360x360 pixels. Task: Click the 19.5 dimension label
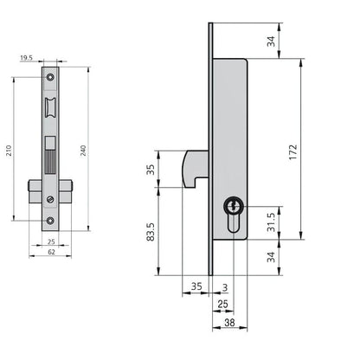pos(26,58)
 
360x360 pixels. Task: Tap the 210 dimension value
pos(10,151)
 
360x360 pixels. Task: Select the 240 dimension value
pos(83,151)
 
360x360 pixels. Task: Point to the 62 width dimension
pos(51,252)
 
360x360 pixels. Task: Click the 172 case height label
pos(292,152)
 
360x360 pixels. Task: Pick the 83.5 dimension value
pos(151,232)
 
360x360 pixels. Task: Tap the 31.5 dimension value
pos(271,222)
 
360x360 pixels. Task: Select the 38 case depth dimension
pos(229,323)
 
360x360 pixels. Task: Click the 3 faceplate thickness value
pos(225,287)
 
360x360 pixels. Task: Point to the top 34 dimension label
pos(271,42)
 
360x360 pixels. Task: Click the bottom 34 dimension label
pos(271,257)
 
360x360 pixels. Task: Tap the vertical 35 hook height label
pos(151,170)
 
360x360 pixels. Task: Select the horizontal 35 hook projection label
pos(196,286)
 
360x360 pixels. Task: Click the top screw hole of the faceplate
pos(50,77)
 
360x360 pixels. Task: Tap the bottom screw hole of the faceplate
pos(50,221)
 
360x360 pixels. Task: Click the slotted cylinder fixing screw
pos(50,199)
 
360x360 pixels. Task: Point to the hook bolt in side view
pos(195,169)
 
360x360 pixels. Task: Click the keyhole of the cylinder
pos(234,207)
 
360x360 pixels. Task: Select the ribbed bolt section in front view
pos(50,162)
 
